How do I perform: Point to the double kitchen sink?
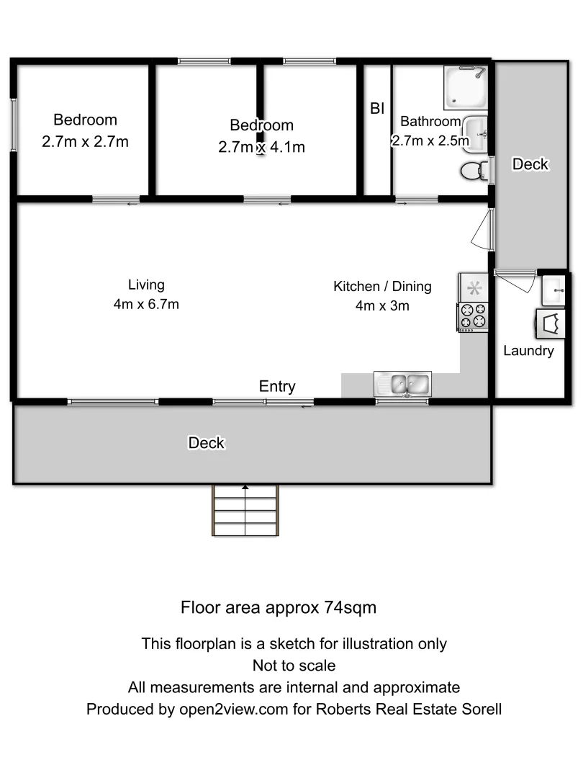[x=402, y=383]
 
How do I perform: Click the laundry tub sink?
[x=554, y=290]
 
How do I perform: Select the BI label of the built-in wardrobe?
[x=377, y=109]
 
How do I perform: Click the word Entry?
[x=277, y=387]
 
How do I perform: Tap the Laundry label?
[x=528, y=352]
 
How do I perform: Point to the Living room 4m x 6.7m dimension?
[x=146, y=304]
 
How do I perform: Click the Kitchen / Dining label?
[x=382, y=287]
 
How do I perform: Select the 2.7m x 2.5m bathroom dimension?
[x=430, y=141]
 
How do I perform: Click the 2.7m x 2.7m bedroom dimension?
[x=85, y=142]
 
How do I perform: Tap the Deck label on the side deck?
[x=530, y=164]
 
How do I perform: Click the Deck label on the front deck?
[x=207, y=443]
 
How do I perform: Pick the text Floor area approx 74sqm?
[x=279, y=607]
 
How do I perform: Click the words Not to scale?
[x=294, y=665]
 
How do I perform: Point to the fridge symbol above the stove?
[x=474, y=288]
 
